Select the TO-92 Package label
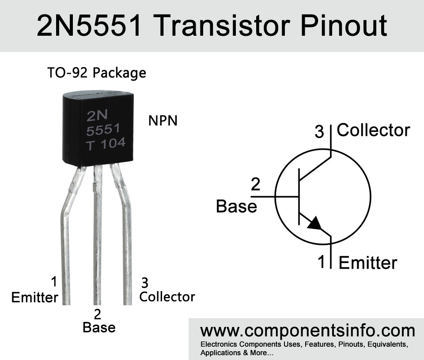[x=97, y=72]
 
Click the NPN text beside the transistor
[x=163, y=120]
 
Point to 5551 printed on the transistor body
[x=103, y=130]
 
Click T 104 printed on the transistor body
[x=106, y=144]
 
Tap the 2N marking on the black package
[x=97, y=116]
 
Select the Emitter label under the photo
[x=34, y=298]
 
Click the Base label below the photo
[x=99, y=328]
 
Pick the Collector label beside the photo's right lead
[x=167, y=297]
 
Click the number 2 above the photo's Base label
[x=98, y=314]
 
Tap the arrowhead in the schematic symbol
[x=315, y=223]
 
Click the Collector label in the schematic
[x=373, y=130]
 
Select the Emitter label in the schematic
[x=367, y=263]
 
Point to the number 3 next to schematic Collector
[x=319, y=131]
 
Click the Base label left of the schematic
[x=236, y=206]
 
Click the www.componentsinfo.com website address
[x=307, y=330]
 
